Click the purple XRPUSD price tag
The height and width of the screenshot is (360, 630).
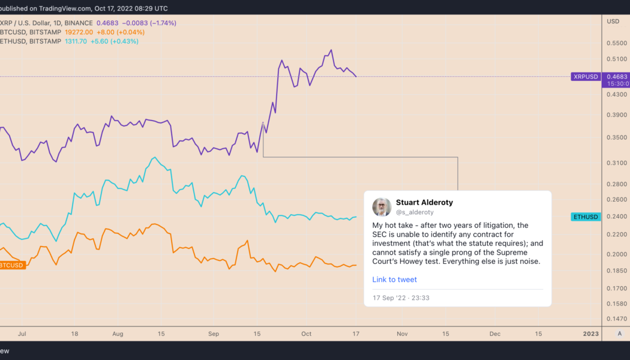click(585, 77)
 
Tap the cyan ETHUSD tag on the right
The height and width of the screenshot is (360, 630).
click(585, 217)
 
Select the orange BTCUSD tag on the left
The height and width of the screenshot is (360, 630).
click(12, 265)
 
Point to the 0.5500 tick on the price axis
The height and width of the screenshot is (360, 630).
click(616, 44)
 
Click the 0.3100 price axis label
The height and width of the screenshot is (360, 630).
click(616, 163)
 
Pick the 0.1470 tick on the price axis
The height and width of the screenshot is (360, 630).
click(616, 319)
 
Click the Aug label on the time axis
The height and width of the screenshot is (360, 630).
click(118, 333)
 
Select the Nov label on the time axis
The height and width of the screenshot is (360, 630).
click(402, 333)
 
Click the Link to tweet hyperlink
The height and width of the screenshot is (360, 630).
click(394, 280)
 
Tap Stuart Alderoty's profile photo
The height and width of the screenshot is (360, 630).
click(382, 207)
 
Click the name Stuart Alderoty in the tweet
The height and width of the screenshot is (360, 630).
click(425, 202)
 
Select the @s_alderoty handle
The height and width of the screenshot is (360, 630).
click(415, 212)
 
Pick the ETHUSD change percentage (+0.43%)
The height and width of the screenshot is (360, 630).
click(124, 41)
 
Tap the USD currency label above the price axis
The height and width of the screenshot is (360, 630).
click(613, 22)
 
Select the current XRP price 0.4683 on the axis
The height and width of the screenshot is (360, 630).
click(616, 77)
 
